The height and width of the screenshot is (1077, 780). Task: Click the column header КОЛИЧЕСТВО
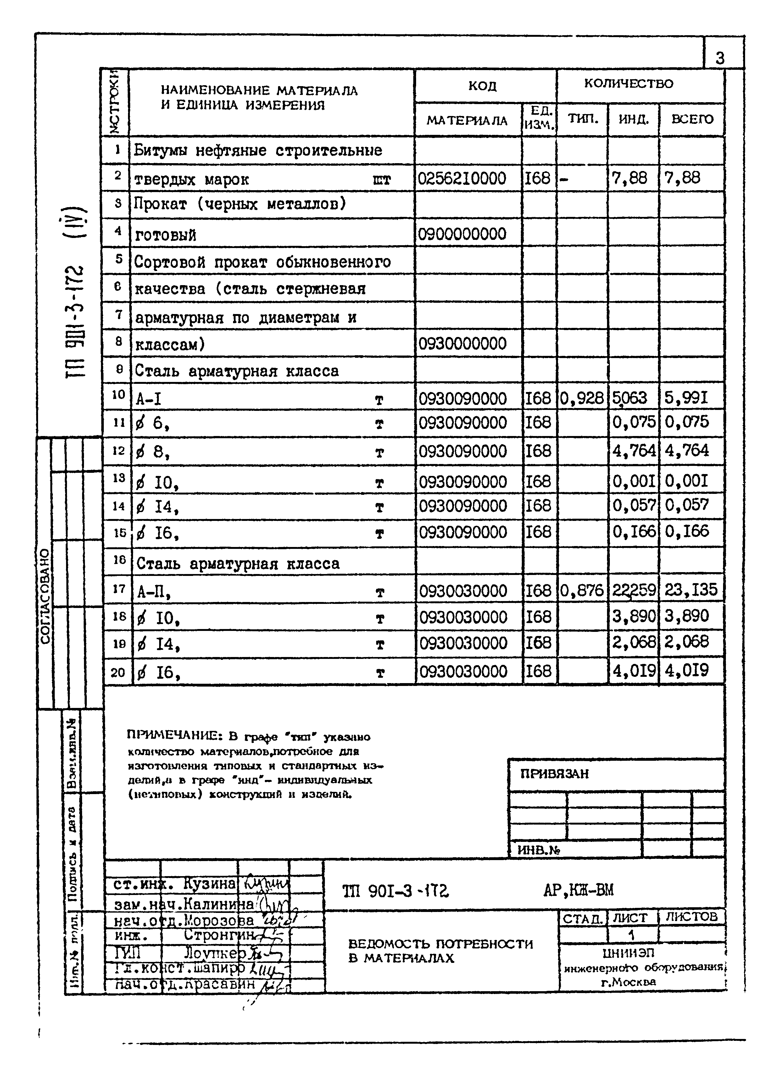[x=628, y=84]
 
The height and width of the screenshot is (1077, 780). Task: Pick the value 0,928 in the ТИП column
[x=582, y=398]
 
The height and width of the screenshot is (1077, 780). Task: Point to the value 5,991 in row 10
[x=686, y=397]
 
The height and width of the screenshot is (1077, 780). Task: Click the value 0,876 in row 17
[x=582, y=590]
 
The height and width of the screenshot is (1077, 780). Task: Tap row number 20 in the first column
[x=117, y=672]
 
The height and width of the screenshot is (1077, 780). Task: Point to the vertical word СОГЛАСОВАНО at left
[x=45, y=596]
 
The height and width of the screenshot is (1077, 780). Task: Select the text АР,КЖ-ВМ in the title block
[x=578, y=889]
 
